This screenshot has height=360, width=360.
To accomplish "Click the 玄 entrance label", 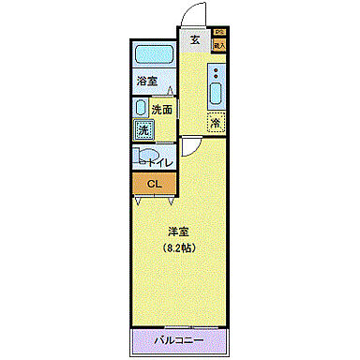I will coord(194,39).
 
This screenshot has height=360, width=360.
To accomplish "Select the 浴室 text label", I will coord(146,82).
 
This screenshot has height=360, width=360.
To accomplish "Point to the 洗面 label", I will coord(163,110).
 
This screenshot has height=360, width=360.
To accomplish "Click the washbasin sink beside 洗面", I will coord(140,108).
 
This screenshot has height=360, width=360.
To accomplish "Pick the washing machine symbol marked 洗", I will coord(143,130).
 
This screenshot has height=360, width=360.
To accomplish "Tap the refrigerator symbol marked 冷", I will coord(216,121).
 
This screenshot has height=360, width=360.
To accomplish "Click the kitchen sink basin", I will coord(217,95).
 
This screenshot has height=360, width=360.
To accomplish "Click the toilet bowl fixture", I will coord(149,157).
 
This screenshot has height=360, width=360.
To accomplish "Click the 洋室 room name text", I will coord(179,231).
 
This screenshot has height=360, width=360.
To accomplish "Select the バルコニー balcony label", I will coord(179,339).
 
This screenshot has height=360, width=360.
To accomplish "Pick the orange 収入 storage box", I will coord(219,44).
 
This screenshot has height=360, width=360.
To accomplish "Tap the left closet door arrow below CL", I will coord(140,200).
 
